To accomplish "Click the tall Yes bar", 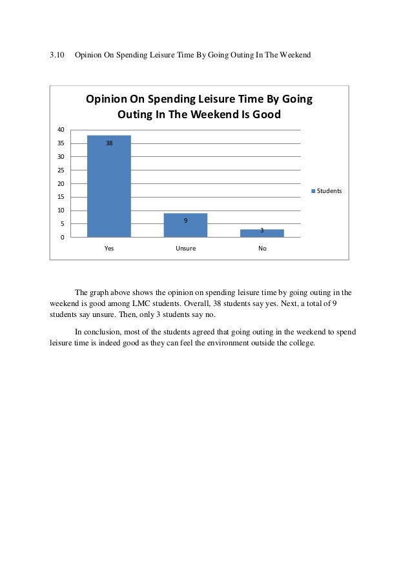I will (x=109, y=187).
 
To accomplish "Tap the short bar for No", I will (x=262, y=234).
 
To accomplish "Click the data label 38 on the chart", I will (x=109, y=143).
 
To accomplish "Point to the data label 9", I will (x=185, y=221).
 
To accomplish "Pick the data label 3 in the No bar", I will (x=262, y=230).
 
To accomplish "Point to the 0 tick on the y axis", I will (x=61, y=238).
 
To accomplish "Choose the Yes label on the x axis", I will (x=109, y=248).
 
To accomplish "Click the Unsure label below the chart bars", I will (x=185, y=248).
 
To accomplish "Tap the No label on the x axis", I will (x=262, y=248).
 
